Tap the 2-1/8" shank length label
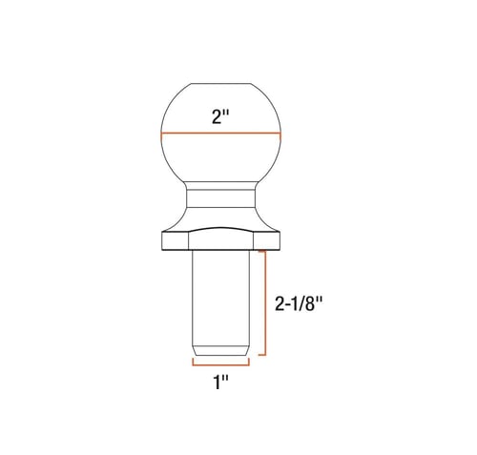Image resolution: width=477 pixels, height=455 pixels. coord(299,304)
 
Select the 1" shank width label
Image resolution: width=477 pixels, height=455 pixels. coord(220,383)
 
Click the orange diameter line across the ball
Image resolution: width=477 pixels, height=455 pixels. coord(221,134)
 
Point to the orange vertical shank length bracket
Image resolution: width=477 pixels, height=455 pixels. coord(265,302)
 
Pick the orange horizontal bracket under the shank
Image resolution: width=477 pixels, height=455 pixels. coord(220,364)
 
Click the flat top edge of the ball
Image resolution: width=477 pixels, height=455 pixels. coord(220,84)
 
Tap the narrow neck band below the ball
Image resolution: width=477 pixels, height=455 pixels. coord(221,198)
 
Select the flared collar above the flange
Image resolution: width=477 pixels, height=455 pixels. coord(221,219)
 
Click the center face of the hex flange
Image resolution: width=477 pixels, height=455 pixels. coord(221,239)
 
